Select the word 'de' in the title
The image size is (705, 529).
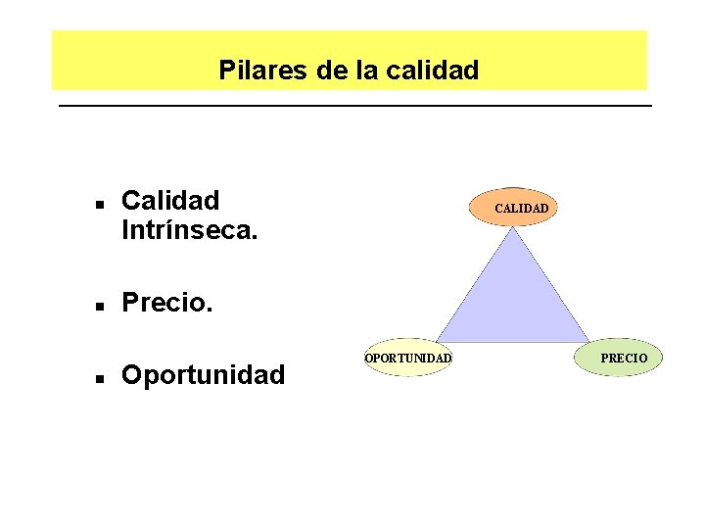pos(332,71)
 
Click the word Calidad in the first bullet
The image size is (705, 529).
pos(170,201)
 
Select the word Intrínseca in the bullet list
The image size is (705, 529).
pos(186,231)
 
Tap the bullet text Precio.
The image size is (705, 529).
pos(166,303)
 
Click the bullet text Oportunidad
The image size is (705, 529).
pos(204,374)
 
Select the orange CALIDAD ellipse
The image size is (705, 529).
pos(513,208)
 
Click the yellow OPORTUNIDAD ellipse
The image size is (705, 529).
pos(407,359)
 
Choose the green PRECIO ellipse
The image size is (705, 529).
pos(624,359)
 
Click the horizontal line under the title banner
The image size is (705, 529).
pos(354,105)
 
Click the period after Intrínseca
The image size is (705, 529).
pos(256,238)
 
